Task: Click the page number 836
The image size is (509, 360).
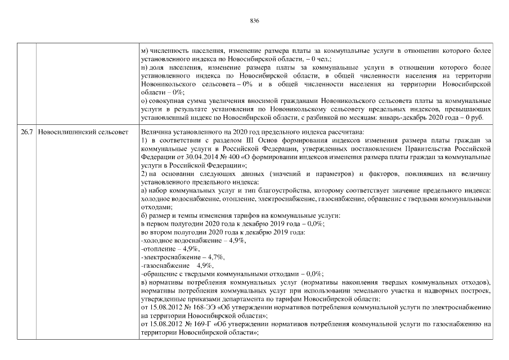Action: [254, 20]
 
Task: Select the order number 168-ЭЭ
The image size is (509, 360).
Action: [196, 309]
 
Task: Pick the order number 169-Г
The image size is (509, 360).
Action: [195, 325]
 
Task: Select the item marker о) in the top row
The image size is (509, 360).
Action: [145, 100]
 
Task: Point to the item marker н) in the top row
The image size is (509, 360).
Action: [145, 67]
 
